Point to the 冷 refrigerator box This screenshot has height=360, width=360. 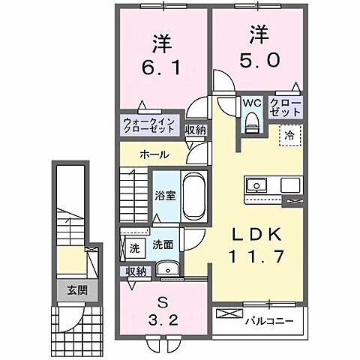pyautogui.click(x=288, y=136)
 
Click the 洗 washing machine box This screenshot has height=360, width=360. pyautogui.click(x=134, y=246)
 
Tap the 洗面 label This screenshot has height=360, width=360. pyautogui.click(x=163, y=244)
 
